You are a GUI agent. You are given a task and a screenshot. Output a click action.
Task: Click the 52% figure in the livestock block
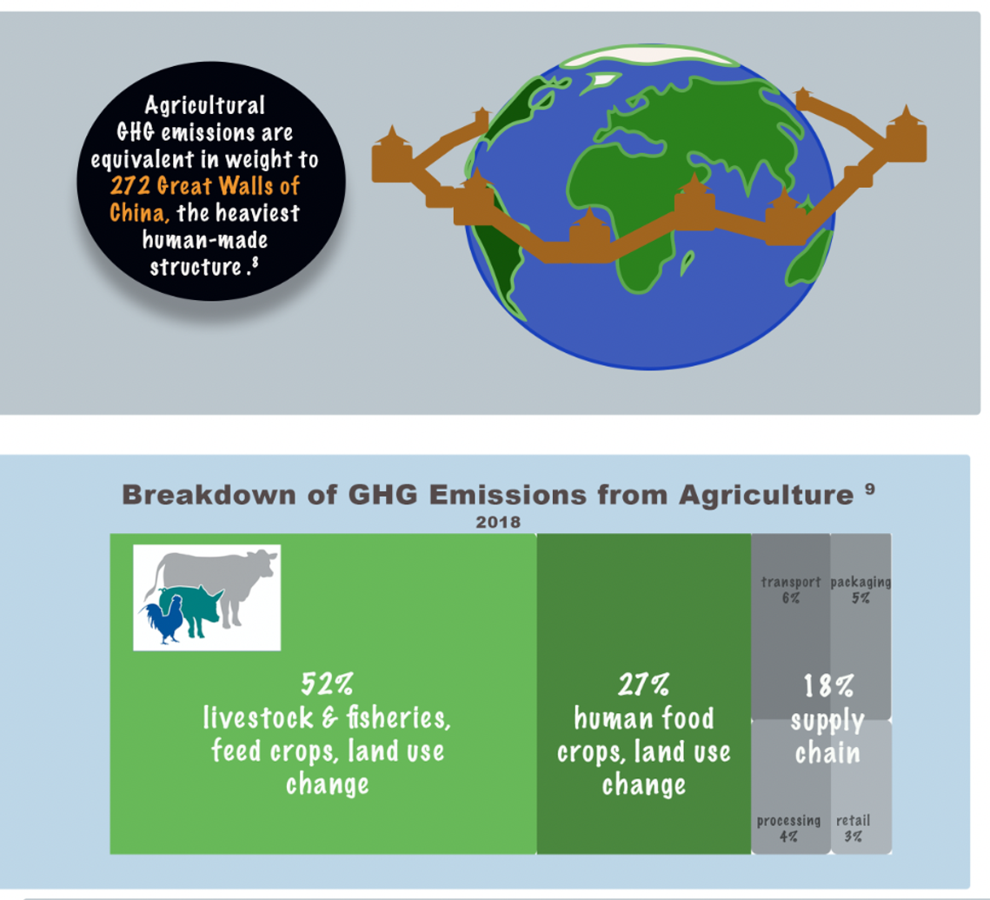pyautogui.click(x=327, y=683)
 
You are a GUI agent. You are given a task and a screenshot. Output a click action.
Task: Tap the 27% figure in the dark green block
pyautogui.click(x=643, y=684)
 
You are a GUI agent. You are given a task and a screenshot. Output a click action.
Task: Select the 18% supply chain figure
pyautogui.click(x=827, y=686)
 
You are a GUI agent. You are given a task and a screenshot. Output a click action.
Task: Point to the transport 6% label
pyautogui.click(x=790, y=590)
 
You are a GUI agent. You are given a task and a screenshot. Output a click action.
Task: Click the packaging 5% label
pyautogui.click(x=860, y=590)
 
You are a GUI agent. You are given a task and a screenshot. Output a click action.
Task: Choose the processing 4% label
pyautogui.click(x=788, y=828)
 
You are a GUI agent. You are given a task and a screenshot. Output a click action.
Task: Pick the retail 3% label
pyautogui.click(x=853, y=828)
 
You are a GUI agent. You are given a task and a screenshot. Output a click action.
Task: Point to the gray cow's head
pyautogui.click(x=263, y=562)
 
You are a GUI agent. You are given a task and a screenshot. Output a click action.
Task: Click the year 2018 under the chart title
pyautogui.click(x=498, y=523)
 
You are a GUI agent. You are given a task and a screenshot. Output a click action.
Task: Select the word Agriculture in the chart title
pyautogui.click(x=767, y=496)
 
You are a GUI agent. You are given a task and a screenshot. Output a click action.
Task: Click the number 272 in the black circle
pyautogui.click(x=130, y=186)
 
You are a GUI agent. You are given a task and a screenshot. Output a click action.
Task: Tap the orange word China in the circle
pyautogui.click(x=140, y=213)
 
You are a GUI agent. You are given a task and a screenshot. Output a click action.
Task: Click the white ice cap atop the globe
pyautogui.click(x=649, y=56)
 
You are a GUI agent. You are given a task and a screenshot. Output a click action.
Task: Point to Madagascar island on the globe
pyautogui.click(x=687, y=263)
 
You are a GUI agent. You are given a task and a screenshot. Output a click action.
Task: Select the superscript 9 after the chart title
pyautogui.click(x=870, y=488)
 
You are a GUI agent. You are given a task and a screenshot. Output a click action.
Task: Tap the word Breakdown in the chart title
pyautogui.click(x=209, y=495)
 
